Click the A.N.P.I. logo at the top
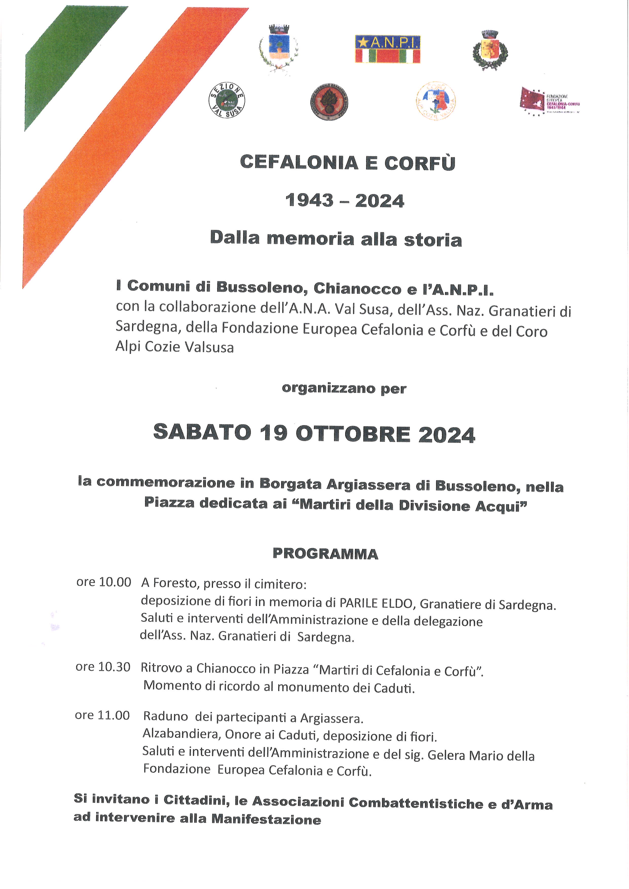[x=388, y=49]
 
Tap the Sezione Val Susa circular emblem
[x=226, y=101]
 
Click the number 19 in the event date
[x=273, y=433]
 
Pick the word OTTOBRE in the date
[x=353, y=434]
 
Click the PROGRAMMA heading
[x=325, y=554]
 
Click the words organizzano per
[x=344, y=388]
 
